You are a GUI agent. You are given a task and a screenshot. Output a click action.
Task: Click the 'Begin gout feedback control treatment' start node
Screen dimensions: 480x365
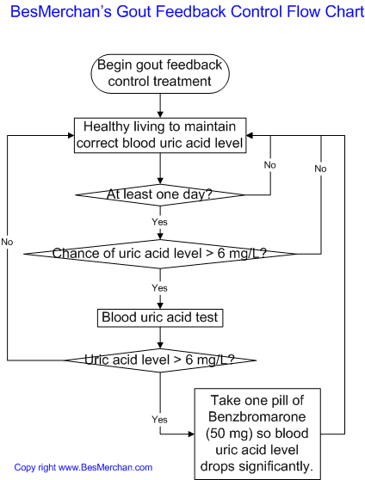click(160, 74)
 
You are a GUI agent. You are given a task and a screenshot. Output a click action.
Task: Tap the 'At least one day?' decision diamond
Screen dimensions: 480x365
click(160, 194)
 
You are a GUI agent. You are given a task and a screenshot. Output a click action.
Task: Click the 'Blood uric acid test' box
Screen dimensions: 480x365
click(160, 317)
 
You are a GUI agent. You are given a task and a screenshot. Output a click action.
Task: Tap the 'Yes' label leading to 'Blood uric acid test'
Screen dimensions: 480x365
click(160, 286)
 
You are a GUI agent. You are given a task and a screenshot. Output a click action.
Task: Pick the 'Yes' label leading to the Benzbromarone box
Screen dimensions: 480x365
click(160, 419)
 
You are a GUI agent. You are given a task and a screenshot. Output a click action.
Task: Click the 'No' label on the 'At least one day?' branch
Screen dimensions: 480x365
click(270, 164)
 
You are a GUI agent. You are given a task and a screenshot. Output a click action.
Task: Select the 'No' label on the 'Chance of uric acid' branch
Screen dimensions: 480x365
click(320, 169)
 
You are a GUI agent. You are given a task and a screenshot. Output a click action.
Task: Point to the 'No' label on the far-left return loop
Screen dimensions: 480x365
click(7, 243)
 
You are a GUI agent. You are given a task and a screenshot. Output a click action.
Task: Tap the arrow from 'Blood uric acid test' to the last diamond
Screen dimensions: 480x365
click(160, 336)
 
